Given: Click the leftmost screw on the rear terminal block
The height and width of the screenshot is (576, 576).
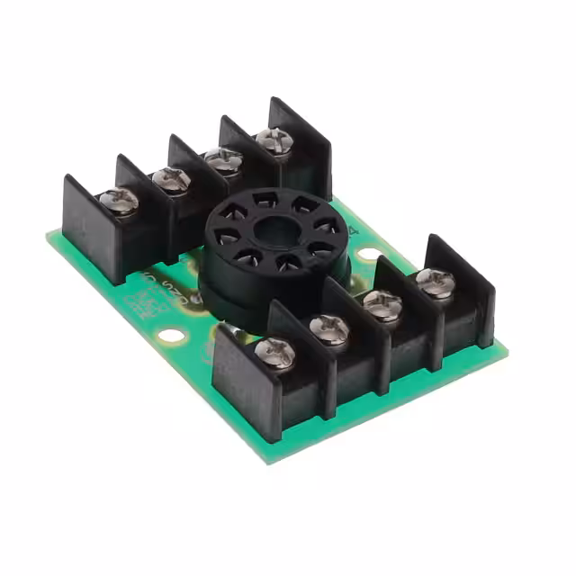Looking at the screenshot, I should [119, 201].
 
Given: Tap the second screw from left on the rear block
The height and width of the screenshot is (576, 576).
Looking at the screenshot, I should [171, 180].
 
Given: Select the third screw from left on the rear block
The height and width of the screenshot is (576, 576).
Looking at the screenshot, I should [223, 160].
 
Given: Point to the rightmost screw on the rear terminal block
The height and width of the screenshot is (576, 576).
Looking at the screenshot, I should [273, 140].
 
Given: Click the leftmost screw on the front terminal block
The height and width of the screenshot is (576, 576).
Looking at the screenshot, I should [274, 352].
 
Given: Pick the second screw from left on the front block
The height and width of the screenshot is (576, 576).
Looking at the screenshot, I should [329, 328].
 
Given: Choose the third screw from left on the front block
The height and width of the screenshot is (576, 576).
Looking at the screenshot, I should [383, 306].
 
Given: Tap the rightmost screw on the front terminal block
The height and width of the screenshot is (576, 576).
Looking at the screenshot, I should [436, 283].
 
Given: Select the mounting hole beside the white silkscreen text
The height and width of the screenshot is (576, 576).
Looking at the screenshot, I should [171, 336].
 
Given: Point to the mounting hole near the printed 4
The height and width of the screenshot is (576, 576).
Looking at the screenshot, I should [369, 255].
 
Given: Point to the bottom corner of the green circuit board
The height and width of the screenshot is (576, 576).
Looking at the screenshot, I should [268, 459].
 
